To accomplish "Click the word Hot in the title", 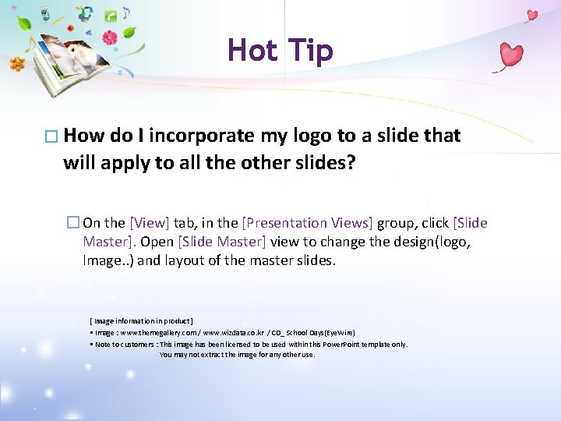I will point(252,51).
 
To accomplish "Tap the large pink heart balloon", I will point(510,55).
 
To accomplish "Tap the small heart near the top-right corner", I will point(532,14).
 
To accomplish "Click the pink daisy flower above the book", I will point(110,37).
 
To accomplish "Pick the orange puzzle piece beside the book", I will point(18,65).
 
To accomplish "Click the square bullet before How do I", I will point(52,136).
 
